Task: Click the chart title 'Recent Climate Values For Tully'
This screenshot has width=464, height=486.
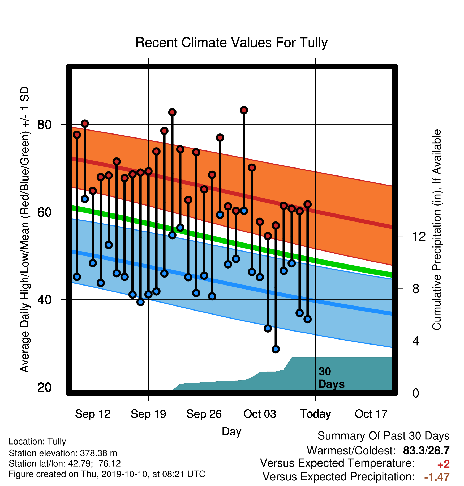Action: point(231,43)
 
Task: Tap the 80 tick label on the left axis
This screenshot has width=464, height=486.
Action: point(45,124)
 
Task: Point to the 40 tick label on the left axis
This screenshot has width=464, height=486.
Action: point(45,300)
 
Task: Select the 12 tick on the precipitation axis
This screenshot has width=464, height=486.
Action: point(419,236)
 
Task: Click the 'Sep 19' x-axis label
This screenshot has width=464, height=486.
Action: point(148,414)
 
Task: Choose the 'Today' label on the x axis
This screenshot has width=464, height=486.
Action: point(315,414)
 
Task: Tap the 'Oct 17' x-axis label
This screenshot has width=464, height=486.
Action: point(371,414)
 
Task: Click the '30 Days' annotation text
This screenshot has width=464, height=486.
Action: point(331,378)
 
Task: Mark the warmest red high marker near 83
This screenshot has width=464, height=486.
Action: point(244,110)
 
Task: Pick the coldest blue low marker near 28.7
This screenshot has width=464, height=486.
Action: point(276,349)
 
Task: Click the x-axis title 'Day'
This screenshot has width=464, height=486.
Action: point(231,431)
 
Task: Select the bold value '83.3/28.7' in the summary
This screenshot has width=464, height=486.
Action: point(426,450)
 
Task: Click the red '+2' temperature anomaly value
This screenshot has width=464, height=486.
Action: point(443,464)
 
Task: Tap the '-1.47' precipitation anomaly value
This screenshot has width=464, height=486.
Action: point(437,477)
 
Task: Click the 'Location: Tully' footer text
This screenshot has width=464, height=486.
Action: point(37,442)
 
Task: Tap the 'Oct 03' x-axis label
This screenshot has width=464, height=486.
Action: point(260,414)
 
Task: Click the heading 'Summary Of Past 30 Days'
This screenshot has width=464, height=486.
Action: point(384,436)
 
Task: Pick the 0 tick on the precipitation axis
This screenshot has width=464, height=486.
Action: point(416,393)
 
